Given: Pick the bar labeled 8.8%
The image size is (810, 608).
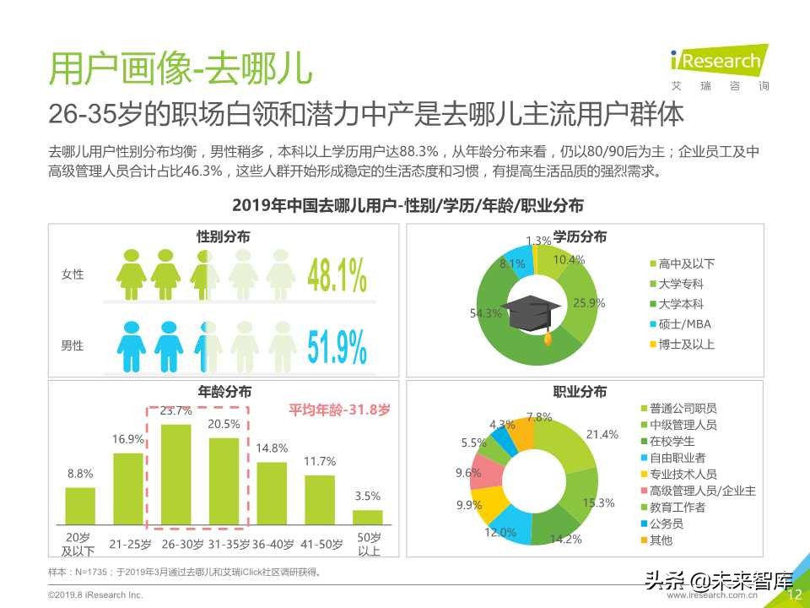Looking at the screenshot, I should [x=80, y=505].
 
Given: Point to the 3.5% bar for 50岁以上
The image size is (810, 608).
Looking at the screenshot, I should [x=367, y=517].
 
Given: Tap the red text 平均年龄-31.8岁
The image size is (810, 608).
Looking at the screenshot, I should [x=339, y=410].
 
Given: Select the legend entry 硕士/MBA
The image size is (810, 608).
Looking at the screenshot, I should [x=684, y=324].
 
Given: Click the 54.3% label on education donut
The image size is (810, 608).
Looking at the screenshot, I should [x=485, y=313].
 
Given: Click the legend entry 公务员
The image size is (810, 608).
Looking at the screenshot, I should [x=672, y=523].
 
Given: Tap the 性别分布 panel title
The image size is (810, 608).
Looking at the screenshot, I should [x=223, y=237].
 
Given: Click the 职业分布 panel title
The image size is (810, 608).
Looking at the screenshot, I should [x=579, y=391].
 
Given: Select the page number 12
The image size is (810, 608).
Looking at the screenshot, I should [x=793, y=594].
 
